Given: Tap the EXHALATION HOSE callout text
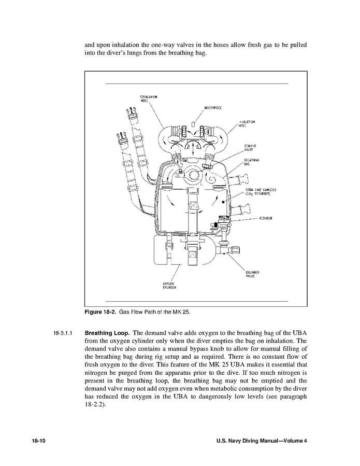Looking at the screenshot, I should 149,99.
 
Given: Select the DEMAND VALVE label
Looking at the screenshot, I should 251,149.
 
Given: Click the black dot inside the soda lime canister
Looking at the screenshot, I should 222,200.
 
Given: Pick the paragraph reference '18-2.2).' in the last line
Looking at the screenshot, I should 95,405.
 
